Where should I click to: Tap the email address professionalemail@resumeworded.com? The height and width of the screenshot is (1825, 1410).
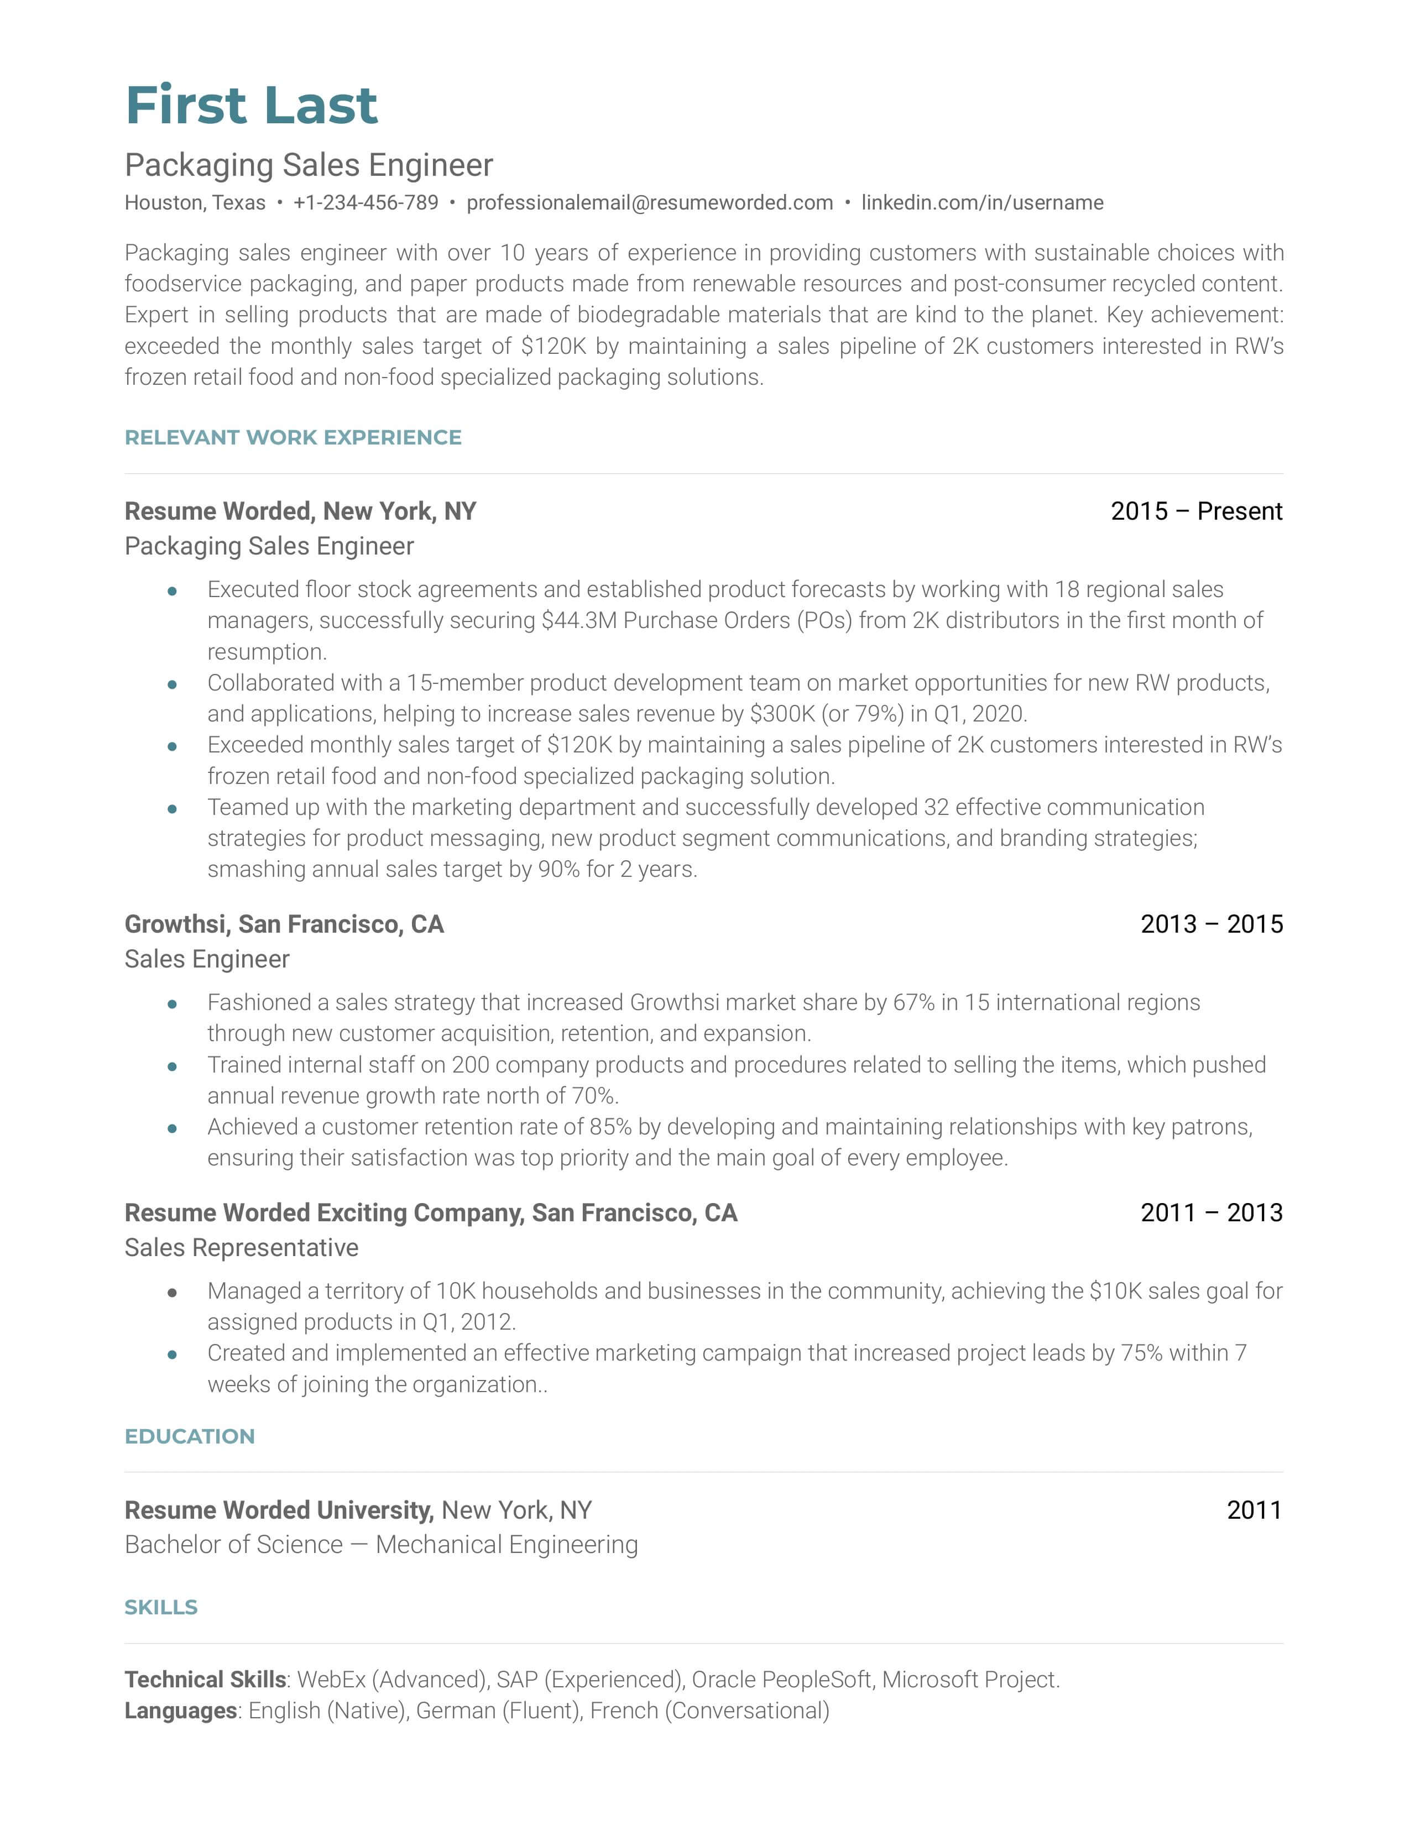pos(649,203)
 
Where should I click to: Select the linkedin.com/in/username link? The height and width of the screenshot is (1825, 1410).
pos(982,203)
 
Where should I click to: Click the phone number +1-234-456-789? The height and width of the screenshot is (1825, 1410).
pos(365,203)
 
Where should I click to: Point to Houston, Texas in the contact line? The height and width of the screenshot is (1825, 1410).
pos(195,203)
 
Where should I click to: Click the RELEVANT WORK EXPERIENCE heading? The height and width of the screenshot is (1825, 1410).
pos(293,438)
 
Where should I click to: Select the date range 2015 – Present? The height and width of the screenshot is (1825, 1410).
pos(1196,511)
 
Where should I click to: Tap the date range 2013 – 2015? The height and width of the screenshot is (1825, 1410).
pos(1211,924)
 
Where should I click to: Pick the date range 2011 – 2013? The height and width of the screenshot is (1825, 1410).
pos(1211,1212)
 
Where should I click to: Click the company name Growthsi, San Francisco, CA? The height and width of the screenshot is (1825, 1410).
pos(284,924)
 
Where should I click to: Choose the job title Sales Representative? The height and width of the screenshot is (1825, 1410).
pos(242,1248)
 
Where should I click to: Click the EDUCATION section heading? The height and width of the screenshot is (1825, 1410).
pos(190,1436)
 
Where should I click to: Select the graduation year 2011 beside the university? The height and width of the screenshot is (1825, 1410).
pos(1254,1510)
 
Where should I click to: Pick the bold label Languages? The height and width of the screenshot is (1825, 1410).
pos(180,1711)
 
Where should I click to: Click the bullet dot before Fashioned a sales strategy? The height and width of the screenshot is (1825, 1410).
pos(172,1003)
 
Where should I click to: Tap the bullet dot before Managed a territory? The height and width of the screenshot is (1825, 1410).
pos(172,1292)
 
